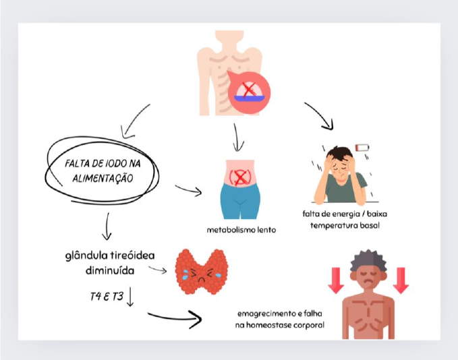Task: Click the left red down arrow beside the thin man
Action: click(x=335, y=279)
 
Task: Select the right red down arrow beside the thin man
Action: click(x=401, y=279)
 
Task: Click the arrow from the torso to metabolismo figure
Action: click(x=236, y=138)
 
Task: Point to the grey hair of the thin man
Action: click(x=368, y=258)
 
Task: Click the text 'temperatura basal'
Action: click(x=345, y=225)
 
